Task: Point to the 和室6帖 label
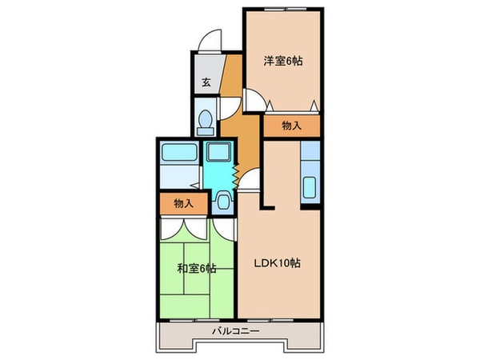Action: [196, 268]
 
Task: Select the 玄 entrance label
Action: [206, 82]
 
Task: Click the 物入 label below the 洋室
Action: [291, 125]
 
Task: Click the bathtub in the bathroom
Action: [178, 154]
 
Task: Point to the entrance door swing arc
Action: [210, 40]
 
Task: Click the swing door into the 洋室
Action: [254, 100]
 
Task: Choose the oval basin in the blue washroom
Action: [223, 200]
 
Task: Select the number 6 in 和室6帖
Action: [203, 268]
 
